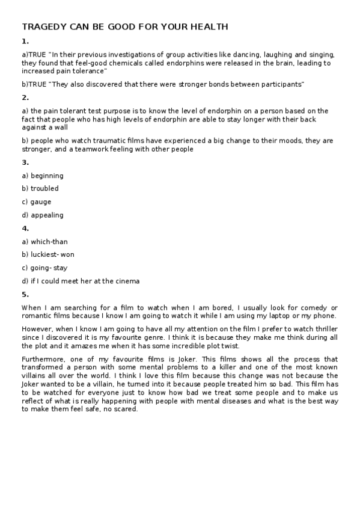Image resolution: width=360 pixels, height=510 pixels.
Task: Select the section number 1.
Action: (25, 41)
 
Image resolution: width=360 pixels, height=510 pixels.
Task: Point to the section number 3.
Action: (25, 162)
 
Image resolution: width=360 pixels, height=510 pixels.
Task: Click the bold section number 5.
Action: (25, 294)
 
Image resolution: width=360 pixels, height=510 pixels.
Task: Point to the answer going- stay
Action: (49, 268)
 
